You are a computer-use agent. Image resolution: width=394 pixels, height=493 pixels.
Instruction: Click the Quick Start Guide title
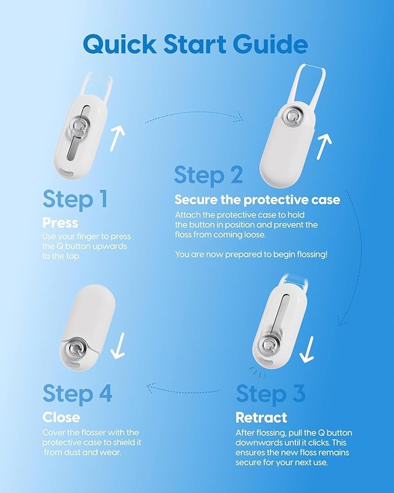click(x=196, y=44)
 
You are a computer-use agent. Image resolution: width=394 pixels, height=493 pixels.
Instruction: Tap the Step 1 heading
click(x=75, y=199)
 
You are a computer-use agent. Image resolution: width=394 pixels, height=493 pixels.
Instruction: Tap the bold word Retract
click(x=261, y=418)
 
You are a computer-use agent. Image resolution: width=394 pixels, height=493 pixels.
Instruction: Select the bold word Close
click(x=61, y=418)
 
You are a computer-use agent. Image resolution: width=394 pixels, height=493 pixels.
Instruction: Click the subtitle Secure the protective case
click(x=257, y=200)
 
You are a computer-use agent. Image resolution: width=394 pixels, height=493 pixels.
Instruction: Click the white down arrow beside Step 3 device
click(x=307, y=347)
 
